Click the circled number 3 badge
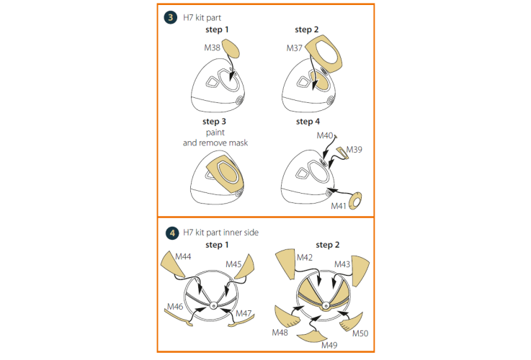coord(171,17)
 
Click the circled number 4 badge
coord(172,233)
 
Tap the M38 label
coord(212,48)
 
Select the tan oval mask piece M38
coord(231,48)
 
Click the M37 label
coord(294,48)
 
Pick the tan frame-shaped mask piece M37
coord(324,53)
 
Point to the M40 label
coord(325,135)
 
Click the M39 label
coord(354,149)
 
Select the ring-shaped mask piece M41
coord(356,201)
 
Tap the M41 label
coord(339,206)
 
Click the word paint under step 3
coord(215,132)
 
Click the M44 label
coord(183,256)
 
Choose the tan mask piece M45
coord(245,267)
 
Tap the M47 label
coord(244,313)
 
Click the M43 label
coord(342,264)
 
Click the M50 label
coord(360,333)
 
